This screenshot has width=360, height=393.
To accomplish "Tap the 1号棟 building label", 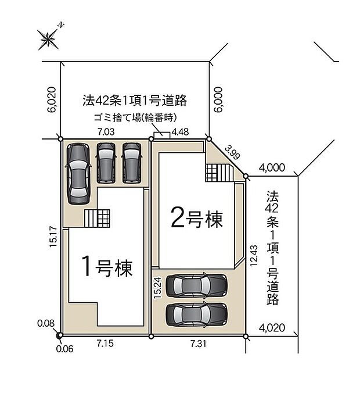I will tap(106, 267).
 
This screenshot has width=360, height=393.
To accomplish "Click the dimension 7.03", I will tap(105, 133).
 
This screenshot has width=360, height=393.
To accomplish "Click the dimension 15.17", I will tap(53, 237).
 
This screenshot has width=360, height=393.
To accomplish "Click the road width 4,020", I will tap(273, 327).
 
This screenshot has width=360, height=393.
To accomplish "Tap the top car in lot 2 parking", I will tap(196, 285).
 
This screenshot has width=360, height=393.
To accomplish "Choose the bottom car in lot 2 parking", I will tap(196, 314).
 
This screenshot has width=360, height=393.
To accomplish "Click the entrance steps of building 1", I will tap(96, 219).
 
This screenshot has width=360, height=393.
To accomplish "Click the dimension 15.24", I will tap(157, 288).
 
